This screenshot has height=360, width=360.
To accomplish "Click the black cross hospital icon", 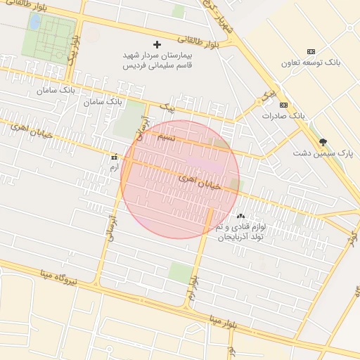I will pos(157,44).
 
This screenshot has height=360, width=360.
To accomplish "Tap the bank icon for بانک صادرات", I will pos(283,104).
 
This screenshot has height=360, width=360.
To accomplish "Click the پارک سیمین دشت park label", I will pos(323,152).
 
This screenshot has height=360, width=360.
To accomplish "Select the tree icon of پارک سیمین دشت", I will pos(323,142).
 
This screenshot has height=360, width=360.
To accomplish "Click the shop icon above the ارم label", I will pos(114,157).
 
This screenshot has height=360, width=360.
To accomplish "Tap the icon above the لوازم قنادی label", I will pos(241,216).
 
